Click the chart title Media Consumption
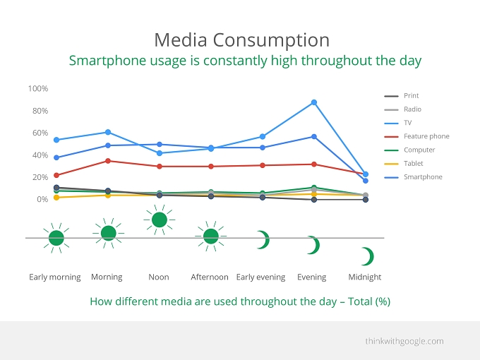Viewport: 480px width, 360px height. (242, 40)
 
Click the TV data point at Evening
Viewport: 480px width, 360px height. (314, 102)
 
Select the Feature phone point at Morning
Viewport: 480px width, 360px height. (108, 161)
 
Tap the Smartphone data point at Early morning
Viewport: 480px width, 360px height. (56, 157)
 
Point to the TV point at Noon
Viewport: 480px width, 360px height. (160, 153)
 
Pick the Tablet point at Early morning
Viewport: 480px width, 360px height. (56, 198)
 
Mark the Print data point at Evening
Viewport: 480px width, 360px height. (314, 200)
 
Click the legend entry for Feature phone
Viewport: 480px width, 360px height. (416, 136)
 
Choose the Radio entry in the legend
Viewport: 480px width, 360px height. (402, 109)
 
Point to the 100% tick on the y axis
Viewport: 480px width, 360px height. (38, 89)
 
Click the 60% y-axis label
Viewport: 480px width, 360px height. (40, 133)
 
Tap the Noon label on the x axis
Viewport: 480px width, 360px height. (159, 277)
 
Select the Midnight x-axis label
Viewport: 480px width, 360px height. (365, 277)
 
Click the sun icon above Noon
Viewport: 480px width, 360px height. (160, 220)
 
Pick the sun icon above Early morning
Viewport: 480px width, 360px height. (56, 238)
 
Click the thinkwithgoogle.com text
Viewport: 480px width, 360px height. (404, 341)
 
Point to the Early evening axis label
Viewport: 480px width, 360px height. (260, 277)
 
